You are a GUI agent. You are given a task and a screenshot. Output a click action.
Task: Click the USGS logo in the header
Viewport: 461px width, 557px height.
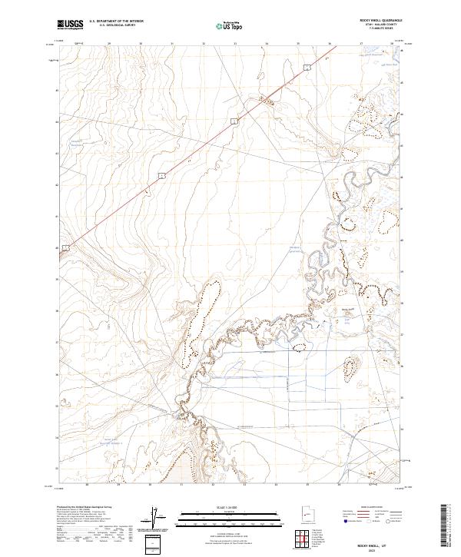[x=71, y=25]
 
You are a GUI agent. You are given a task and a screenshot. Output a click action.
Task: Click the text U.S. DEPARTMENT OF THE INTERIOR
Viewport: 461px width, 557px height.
[x=116, y=21]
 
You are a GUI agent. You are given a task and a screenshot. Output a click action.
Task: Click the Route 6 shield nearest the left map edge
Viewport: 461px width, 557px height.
[x=67, y=247]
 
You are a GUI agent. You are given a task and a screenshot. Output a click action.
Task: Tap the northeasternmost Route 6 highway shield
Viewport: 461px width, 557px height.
[x=307, y=68]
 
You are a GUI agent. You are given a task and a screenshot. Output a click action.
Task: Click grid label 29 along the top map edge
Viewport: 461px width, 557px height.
[x=109, y=44]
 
